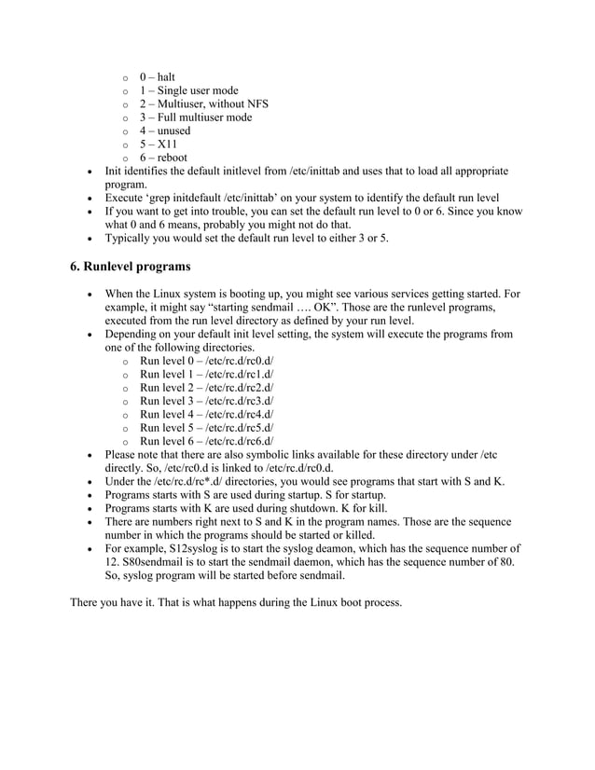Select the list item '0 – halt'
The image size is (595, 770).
(x=158, y=76)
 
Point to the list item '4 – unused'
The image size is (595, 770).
(x=165, y=131)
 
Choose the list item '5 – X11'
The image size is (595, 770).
(x=159, y=145)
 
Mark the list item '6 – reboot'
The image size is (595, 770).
(x=163, y=158)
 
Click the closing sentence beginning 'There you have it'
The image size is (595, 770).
(x=236, y=602)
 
